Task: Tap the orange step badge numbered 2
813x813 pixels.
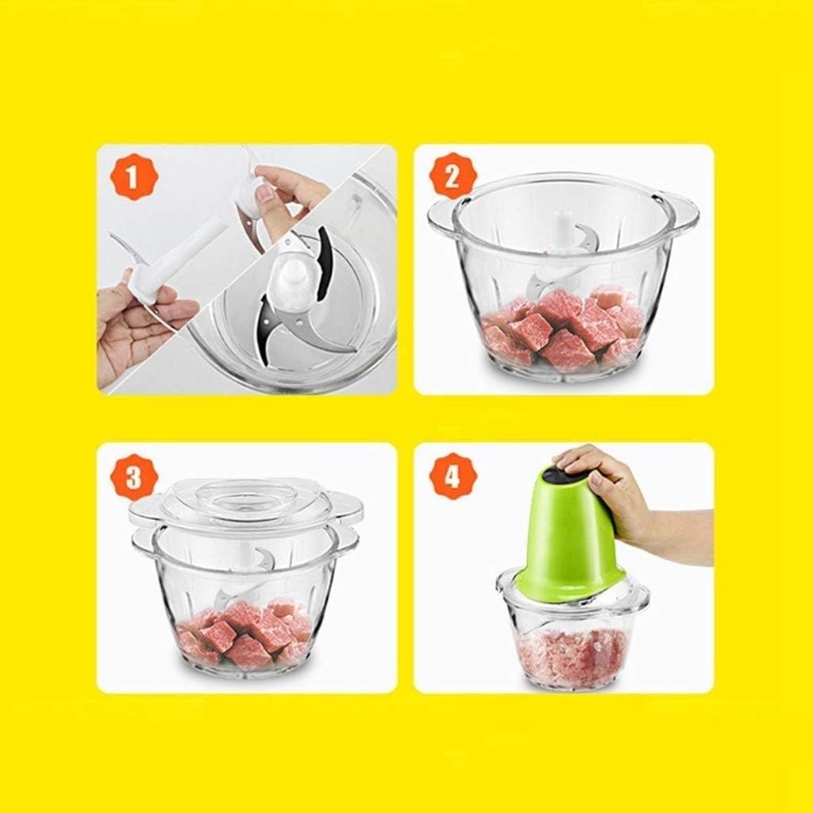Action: tap(450, 176)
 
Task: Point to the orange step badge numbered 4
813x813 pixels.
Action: tap(450, 478)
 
